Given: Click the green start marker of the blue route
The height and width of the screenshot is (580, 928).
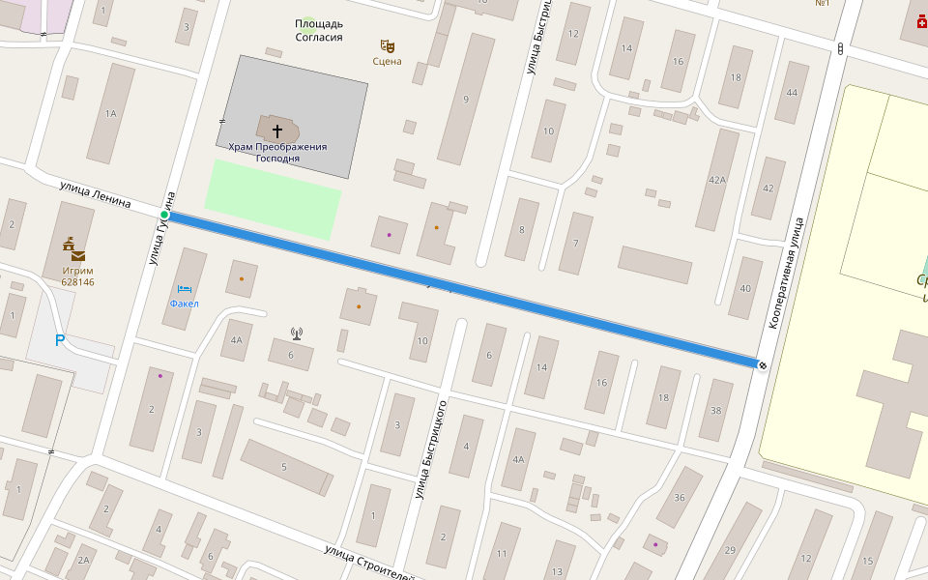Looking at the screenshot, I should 164,215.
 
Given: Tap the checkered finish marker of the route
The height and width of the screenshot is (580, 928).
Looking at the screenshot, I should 763,364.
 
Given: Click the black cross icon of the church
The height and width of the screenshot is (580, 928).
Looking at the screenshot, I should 277,130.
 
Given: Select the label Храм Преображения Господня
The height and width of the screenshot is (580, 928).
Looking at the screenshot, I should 277,152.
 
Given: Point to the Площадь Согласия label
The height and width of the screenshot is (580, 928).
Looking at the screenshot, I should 319,30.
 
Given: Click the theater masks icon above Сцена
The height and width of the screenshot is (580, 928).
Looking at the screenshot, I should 388,45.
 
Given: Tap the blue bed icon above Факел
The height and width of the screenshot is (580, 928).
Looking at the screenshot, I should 184,289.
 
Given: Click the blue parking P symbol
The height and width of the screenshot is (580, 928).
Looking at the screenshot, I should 60,340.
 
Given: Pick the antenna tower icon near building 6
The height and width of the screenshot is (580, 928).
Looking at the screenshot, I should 297,334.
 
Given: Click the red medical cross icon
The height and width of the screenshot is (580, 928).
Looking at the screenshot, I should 920,22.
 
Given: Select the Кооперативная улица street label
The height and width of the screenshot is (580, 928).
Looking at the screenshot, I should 785,274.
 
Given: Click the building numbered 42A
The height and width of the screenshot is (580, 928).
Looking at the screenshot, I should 717,179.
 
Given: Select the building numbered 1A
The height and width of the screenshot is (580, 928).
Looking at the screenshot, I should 110,113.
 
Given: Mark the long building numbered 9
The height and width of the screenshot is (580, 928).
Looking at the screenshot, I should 466,99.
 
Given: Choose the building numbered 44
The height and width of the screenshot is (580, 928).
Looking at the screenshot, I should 792,93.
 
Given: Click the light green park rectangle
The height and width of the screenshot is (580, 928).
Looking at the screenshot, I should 273,199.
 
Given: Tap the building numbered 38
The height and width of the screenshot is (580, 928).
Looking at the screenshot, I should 715,410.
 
